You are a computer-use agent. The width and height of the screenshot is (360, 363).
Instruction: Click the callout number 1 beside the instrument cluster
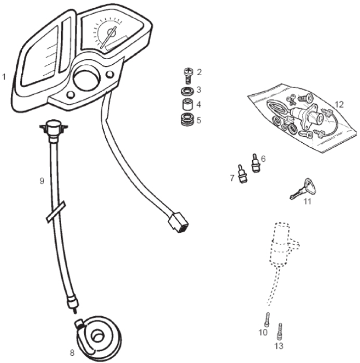[4, 77]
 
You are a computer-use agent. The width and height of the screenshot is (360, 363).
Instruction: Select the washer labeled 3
[188, 91]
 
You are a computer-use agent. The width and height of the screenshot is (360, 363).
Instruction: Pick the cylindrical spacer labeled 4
[188, 104]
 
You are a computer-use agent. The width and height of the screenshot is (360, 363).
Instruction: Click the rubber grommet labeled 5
[188, 119]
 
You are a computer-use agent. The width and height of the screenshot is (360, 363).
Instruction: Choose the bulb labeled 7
[242, 174]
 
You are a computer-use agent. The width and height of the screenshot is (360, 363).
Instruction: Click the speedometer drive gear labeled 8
[99, 339]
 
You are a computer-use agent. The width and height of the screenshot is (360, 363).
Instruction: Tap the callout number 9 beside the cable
[42, 180]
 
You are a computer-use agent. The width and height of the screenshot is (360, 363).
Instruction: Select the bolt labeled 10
[267, 319]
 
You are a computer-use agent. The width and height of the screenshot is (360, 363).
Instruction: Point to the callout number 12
[339, 105]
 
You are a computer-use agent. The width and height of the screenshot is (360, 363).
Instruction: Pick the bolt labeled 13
[280, 331]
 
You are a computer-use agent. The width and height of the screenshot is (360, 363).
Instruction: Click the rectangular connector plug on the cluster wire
[178, 222]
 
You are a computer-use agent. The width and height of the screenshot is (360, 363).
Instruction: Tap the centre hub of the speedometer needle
[110, 32]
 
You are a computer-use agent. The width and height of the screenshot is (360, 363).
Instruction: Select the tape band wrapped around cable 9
[56, 212]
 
